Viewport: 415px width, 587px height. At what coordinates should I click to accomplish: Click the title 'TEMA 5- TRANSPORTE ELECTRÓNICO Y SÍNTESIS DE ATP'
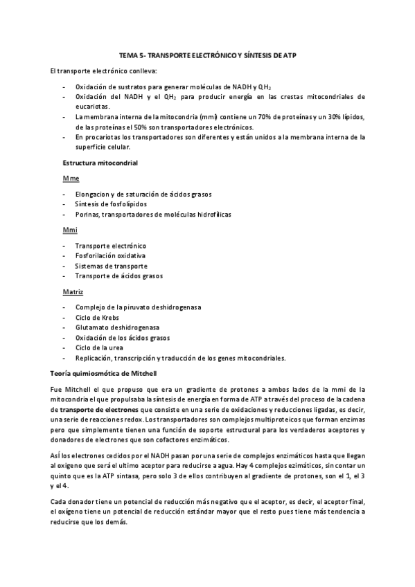point(208,55)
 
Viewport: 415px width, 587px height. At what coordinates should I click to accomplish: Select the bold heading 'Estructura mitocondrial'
point(99,162)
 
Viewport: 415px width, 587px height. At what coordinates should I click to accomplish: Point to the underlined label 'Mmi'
point(69,229)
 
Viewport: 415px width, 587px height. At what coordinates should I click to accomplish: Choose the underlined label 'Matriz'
point(73,291)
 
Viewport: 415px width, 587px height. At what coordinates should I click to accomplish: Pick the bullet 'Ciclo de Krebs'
point(98,317)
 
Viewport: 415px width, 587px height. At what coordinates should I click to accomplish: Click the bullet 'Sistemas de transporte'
point(110,266)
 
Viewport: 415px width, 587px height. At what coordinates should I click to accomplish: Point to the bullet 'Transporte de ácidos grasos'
point(118,276)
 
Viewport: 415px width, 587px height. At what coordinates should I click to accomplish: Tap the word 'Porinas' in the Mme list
point(88,215)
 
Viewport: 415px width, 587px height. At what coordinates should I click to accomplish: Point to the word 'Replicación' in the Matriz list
point(95,358)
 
